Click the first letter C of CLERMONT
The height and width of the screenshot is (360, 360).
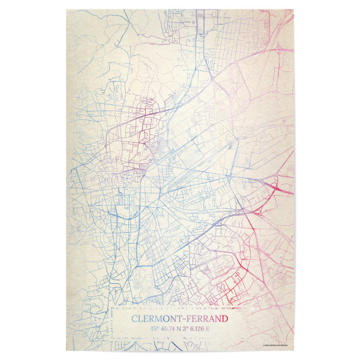coord(133,319)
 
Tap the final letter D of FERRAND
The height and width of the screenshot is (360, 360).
coord(225,319)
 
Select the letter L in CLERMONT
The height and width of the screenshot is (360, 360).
coord(140,319)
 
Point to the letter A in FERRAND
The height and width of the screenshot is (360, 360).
coord(212,319)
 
